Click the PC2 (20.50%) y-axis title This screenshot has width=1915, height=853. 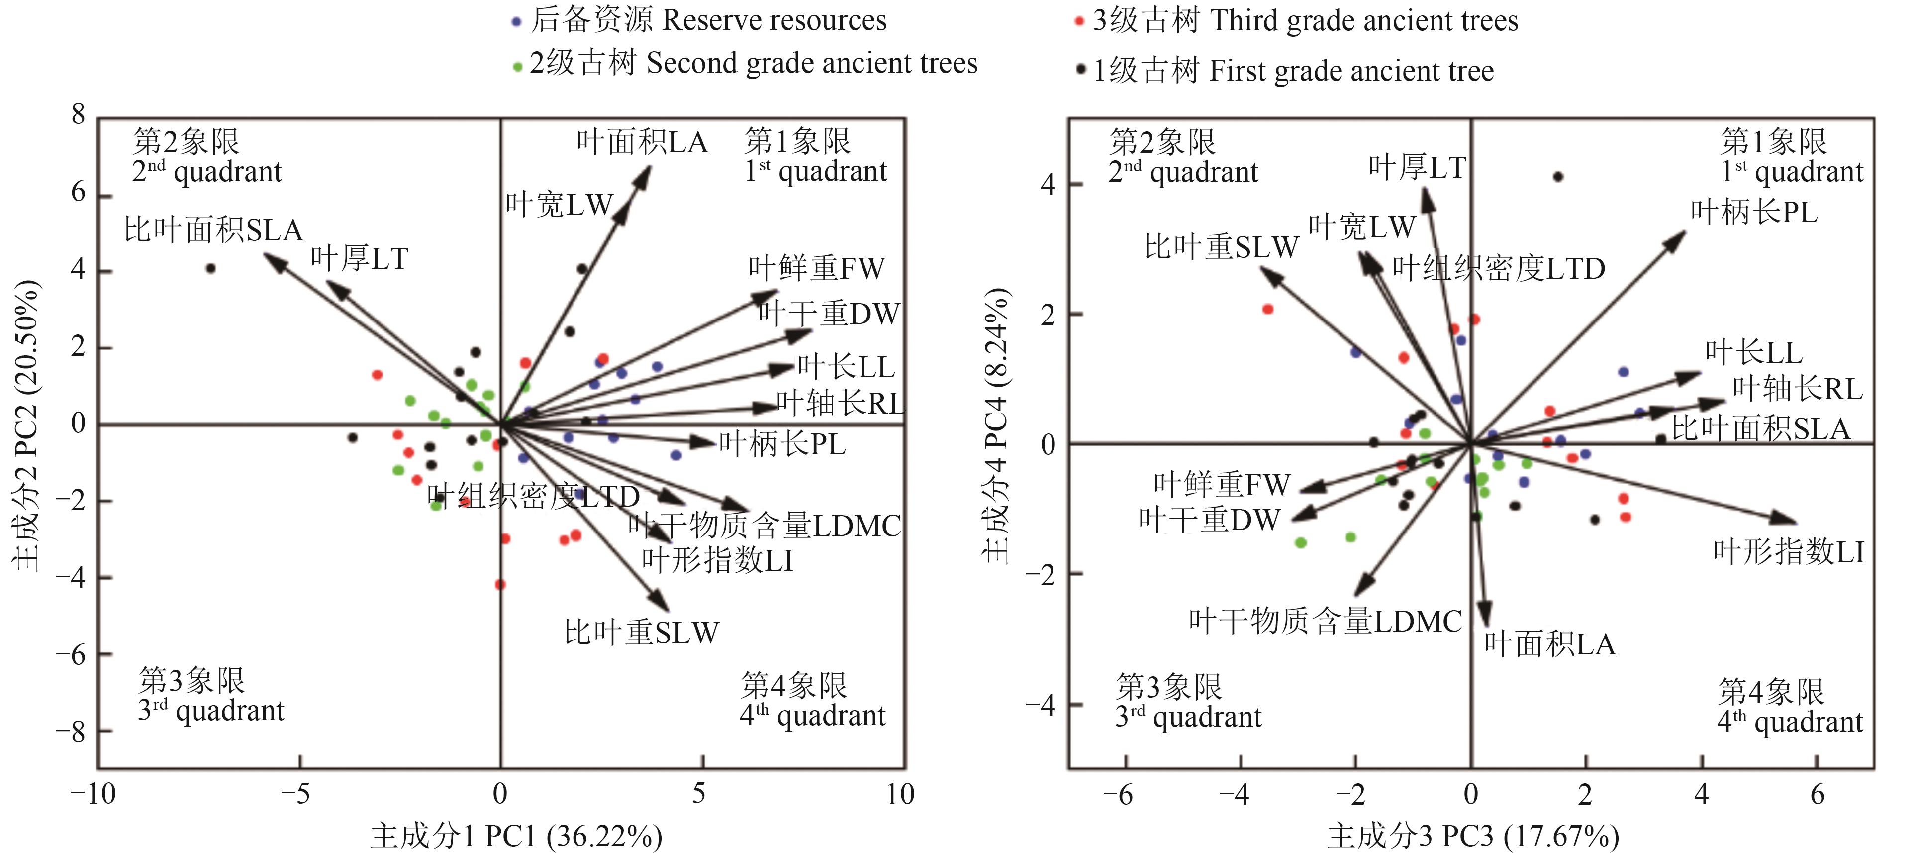click(26, 425)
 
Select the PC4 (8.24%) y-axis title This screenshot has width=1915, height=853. click(996, 425)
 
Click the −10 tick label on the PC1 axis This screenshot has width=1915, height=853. click(93, 794)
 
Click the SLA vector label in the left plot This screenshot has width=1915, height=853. click(213, 230)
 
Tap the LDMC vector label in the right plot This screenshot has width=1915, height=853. click(1325, 622)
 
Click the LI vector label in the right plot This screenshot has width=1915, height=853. click(1788, 552)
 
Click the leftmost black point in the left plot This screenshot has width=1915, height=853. click(211, 268)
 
